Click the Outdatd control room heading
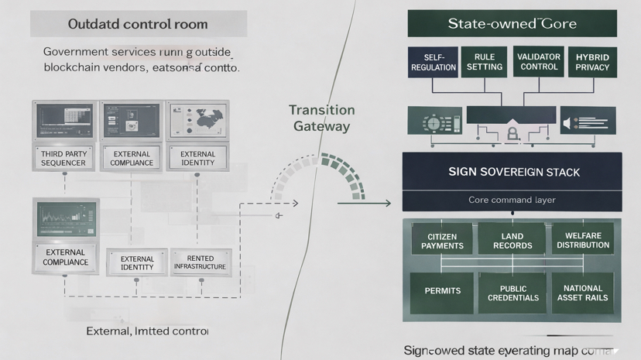pos(139,24)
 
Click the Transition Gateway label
pos(321,118)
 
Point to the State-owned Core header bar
pos(512,24)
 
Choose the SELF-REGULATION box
pos(434,63)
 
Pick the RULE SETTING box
pos(485,63)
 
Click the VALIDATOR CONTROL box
pos(538,63)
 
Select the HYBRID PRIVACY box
pos(592,63)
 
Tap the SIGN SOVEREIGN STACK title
pos(512,172)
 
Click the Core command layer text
pos(512,200)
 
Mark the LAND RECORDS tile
pos(512,241)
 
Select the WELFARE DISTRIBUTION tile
pos(583,241)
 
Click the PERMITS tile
pos(442,291)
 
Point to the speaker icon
pos(567,124)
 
